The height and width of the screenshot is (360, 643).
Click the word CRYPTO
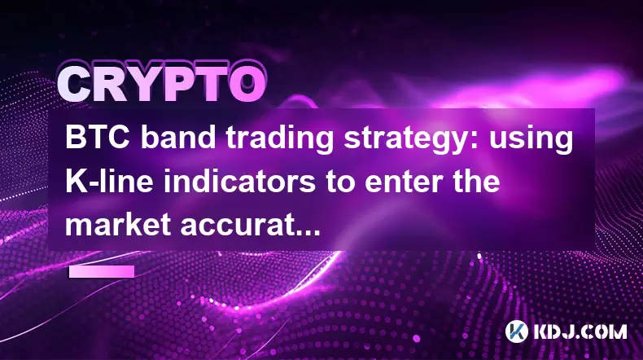(x=162, y=84)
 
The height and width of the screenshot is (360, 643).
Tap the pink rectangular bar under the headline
(x=102, y=272)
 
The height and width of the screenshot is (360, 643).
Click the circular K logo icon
(x=516, y=331)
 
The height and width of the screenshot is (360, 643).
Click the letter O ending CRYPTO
(x=247, y=84)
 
